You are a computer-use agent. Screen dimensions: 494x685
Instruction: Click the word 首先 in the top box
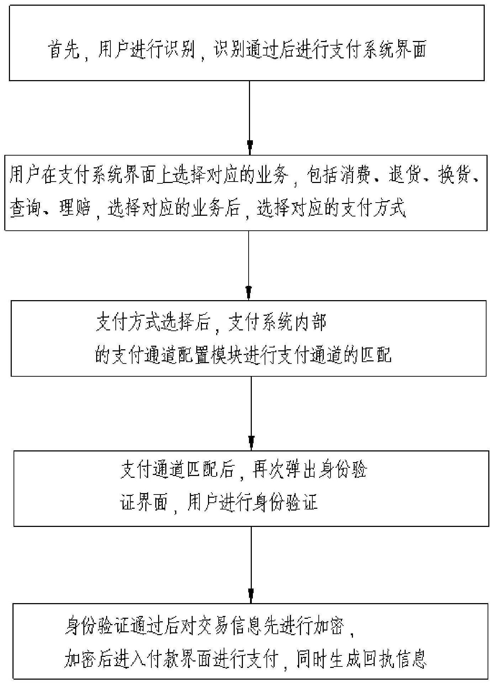(63, 50)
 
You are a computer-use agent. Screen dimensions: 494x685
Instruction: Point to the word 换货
(454, 175)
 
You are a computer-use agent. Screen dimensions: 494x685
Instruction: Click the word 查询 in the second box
(26, 208)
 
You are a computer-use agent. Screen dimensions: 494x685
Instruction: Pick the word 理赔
(75, 208)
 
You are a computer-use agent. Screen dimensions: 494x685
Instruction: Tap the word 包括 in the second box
(322, 175)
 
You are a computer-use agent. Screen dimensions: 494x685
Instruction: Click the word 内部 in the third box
(310, 323)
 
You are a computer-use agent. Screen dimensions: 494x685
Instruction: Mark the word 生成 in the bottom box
(344, 660)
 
